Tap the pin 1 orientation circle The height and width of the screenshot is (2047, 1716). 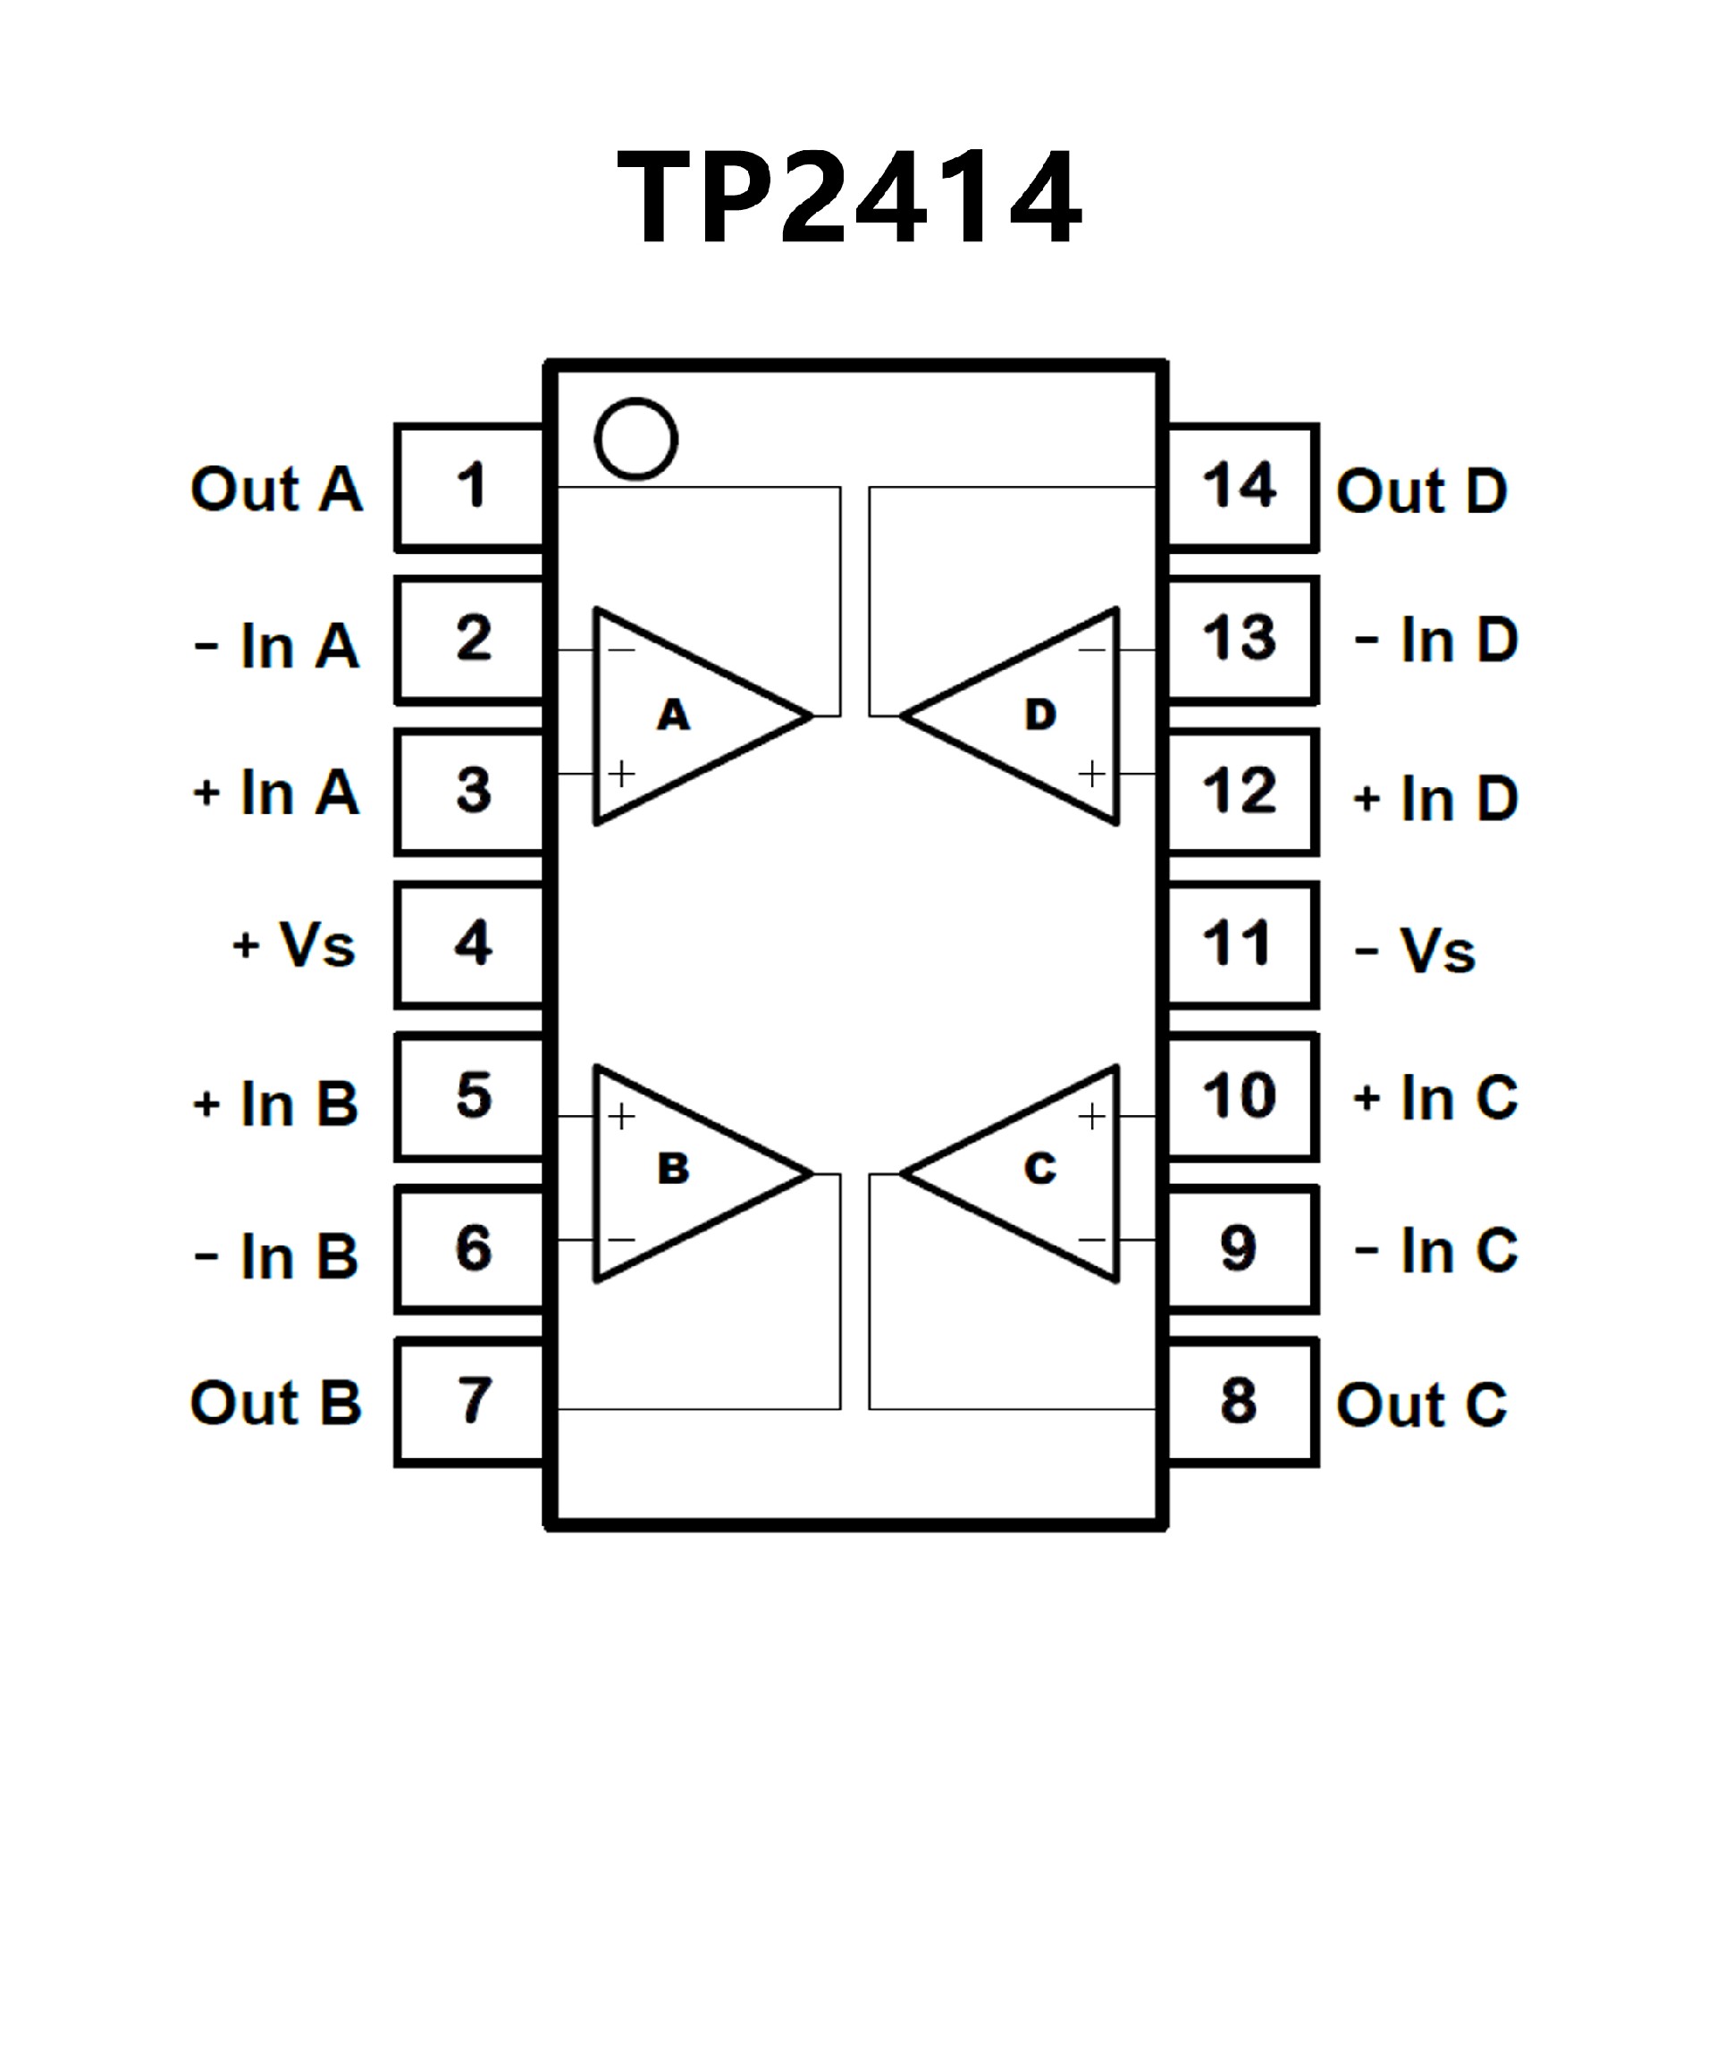[x=635, y=439]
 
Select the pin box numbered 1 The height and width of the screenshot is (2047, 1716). [x=471, y=487]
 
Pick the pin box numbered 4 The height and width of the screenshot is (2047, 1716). [x=471, y=944]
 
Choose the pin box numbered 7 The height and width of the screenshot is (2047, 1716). [x=471, y=1402]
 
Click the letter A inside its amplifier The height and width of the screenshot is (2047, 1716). [x=674, y=716]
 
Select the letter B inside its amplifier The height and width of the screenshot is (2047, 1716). [x=674, y=1169]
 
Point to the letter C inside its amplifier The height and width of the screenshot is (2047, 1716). [x=1040, y=1169]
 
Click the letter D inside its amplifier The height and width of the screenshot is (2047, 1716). [x=1040, y=716]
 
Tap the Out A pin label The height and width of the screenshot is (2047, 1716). [x=277, y=490]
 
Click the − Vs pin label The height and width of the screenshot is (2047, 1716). [x=1416, y=952]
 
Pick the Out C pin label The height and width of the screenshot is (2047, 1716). [x=1422, y=1405]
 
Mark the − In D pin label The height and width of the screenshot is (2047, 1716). [x=1437, y=642]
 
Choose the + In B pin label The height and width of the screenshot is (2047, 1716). [x=277, y=1104]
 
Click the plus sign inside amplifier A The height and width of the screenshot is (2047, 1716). [x=622, y=774]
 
